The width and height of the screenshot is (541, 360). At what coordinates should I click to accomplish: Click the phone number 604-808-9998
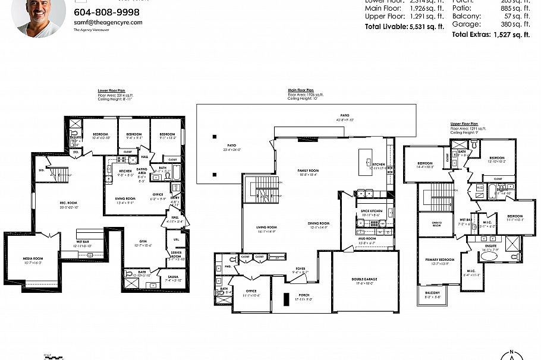point(106,12)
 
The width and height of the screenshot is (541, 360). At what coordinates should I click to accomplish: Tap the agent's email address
point(108,23)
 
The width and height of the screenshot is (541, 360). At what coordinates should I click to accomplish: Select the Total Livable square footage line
point(404,27)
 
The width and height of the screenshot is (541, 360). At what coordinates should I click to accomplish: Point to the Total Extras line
point(490,35)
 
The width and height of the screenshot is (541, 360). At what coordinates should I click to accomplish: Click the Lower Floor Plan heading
point(111,91)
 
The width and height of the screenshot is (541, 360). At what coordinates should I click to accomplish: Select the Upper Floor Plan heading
point(465,124)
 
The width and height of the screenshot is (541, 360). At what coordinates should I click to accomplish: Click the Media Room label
point(33,258)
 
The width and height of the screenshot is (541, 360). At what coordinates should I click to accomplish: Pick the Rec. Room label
point(69,203)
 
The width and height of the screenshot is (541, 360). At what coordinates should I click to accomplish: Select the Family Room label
point(308,170)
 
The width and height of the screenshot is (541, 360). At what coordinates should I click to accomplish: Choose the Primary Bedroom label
point(440,260)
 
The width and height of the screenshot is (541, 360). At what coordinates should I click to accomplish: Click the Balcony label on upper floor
point(432,293)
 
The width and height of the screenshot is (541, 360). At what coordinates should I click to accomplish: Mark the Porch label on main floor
point(304,295)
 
